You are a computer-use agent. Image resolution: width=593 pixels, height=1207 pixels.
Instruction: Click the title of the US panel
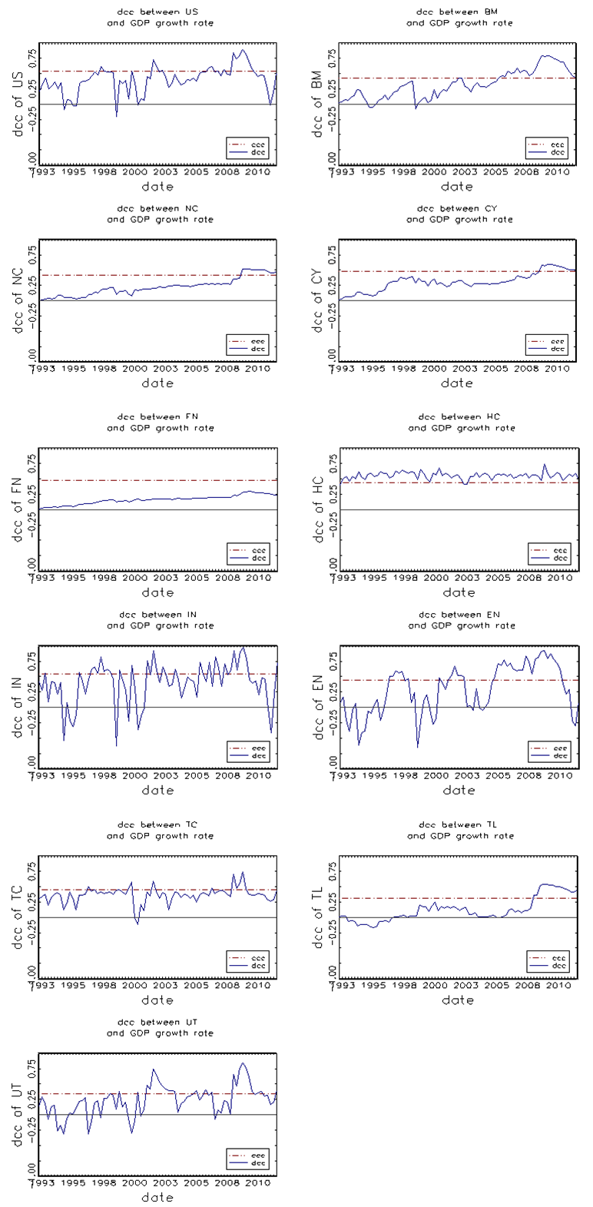(x=160, y=18)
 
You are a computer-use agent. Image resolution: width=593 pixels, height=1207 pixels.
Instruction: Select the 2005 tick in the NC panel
(x=197, y=369)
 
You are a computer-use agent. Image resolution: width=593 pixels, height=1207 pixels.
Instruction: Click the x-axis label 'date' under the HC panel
(x=459, y=592)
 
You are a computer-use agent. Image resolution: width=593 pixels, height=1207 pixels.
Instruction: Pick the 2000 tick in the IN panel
(x=134, y=776)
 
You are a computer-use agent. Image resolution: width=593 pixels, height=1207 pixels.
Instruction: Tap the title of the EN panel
(x=461, y=620)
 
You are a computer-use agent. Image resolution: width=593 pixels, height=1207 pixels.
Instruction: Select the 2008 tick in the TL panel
(x=528, y=986)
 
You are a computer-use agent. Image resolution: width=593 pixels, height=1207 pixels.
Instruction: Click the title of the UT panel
(x=160, y=1028)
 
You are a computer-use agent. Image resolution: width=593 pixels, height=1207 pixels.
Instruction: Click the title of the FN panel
(x=160, y=422)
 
